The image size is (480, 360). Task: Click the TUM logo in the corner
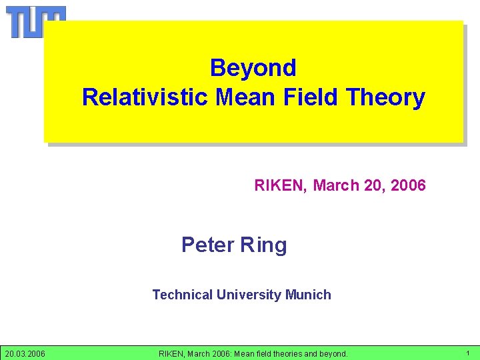pos(36,21)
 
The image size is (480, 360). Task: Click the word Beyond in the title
pos(253,67)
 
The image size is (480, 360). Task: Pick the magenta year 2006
pos(408,185)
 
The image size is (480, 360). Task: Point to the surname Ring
pos(263,245)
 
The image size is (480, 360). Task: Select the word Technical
pos(182,295)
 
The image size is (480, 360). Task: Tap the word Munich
pos(309,295)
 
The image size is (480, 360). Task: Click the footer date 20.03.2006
pos(25,353)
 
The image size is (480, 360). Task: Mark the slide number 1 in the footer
pos(467,353)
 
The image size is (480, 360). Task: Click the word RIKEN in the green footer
pos(173,353)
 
